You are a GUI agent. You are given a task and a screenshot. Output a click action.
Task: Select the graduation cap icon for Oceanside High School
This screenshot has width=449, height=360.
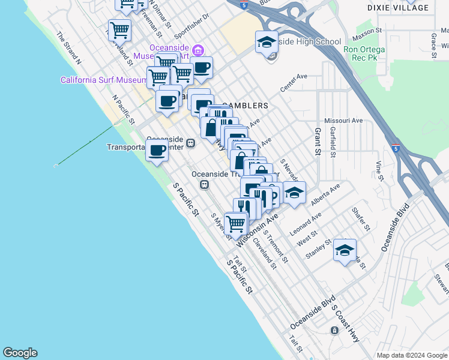(x=267, y=43)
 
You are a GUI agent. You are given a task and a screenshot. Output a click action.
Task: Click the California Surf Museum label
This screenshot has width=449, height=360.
(x=103, y=80)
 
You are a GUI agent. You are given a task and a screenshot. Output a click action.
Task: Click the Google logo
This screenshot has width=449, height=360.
(x=20, y=353)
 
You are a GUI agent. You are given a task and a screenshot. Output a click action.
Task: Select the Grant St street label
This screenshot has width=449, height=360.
(x=318, y=141)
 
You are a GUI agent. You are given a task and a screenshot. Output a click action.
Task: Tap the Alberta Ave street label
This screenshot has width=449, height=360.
(x=325, y=193)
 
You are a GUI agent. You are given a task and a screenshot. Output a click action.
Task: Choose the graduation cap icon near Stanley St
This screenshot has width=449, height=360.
(x=345, y=251)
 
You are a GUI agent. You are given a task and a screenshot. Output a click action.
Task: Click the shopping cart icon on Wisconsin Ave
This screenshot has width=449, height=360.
(x=236, y=223)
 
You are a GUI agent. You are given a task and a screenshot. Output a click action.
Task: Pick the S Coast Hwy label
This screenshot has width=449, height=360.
(x=346, y=326)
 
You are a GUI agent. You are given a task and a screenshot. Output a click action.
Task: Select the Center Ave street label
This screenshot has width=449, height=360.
(x=294, y=85)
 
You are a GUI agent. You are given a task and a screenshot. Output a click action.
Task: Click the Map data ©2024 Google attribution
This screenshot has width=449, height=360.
(x=412, y=355)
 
